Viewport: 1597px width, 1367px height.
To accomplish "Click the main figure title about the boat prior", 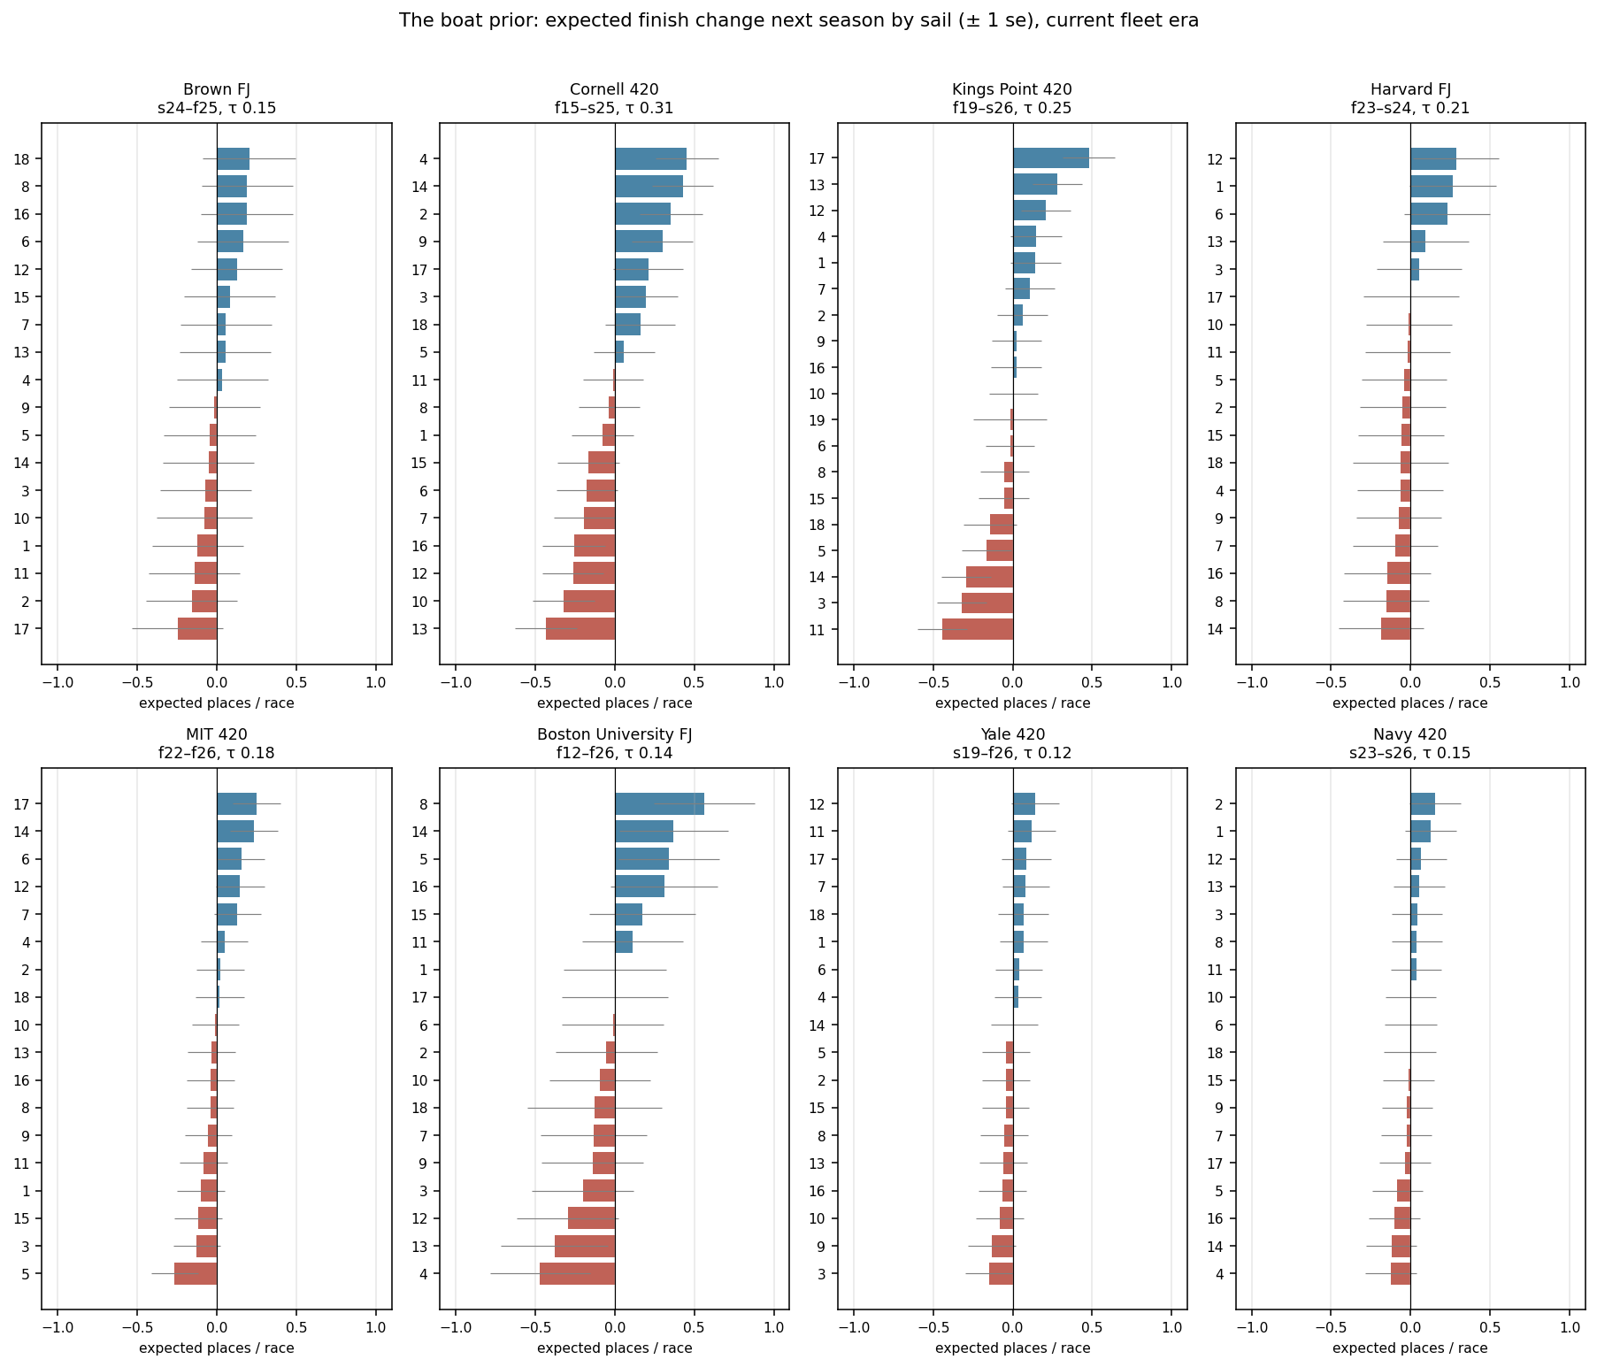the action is coord(798,20).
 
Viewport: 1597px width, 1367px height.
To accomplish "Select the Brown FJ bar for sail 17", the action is coord(197,629).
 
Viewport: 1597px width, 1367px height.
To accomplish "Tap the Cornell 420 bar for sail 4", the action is coord(650,159).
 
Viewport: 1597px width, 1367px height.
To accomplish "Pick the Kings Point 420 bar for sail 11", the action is coord(978,629).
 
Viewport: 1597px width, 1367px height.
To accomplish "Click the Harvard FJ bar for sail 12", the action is coord(1433,159).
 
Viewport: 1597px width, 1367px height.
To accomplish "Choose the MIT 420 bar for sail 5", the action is coord(196,1274).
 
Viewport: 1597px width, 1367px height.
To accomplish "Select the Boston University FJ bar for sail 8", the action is coord(659,804).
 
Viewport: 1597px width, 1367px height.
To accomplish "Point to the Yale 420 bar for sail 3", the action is coord(1001,1274).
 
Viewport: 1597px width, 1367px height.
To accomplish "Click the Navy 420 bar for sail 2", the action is coord(1423,804).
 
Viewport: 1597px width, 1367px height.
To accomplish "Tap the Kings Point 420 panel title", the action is coord(1012,98).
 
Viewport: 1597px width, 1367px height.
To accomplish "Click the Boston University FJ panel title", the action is coord(615,743).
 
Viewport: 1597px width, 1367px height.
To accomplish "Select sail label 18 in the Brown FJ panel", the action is coord(22,159).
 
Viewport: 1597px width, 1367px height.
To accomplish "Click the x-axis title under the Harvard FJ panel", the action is coord(1410,703).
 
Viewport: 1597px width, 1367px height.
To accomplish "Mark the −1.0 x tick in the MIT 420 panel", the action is coord(58,1327).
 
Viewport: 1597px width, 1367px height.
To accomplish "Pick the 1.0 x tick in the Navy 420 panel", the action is coord(1570,1327).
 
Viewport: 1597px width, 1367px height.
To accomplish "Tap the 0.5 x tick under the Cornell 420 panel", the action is coord(695,682).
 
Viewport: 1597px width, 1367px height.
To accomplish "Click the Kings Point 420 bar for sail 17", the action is coord(1051,157).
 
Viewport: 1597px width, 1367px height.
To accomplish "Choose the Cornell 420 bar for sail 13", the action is coord(580,629).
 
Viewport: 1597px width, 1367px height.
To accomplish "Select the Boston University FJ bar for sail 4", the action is coord(577,1274).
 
